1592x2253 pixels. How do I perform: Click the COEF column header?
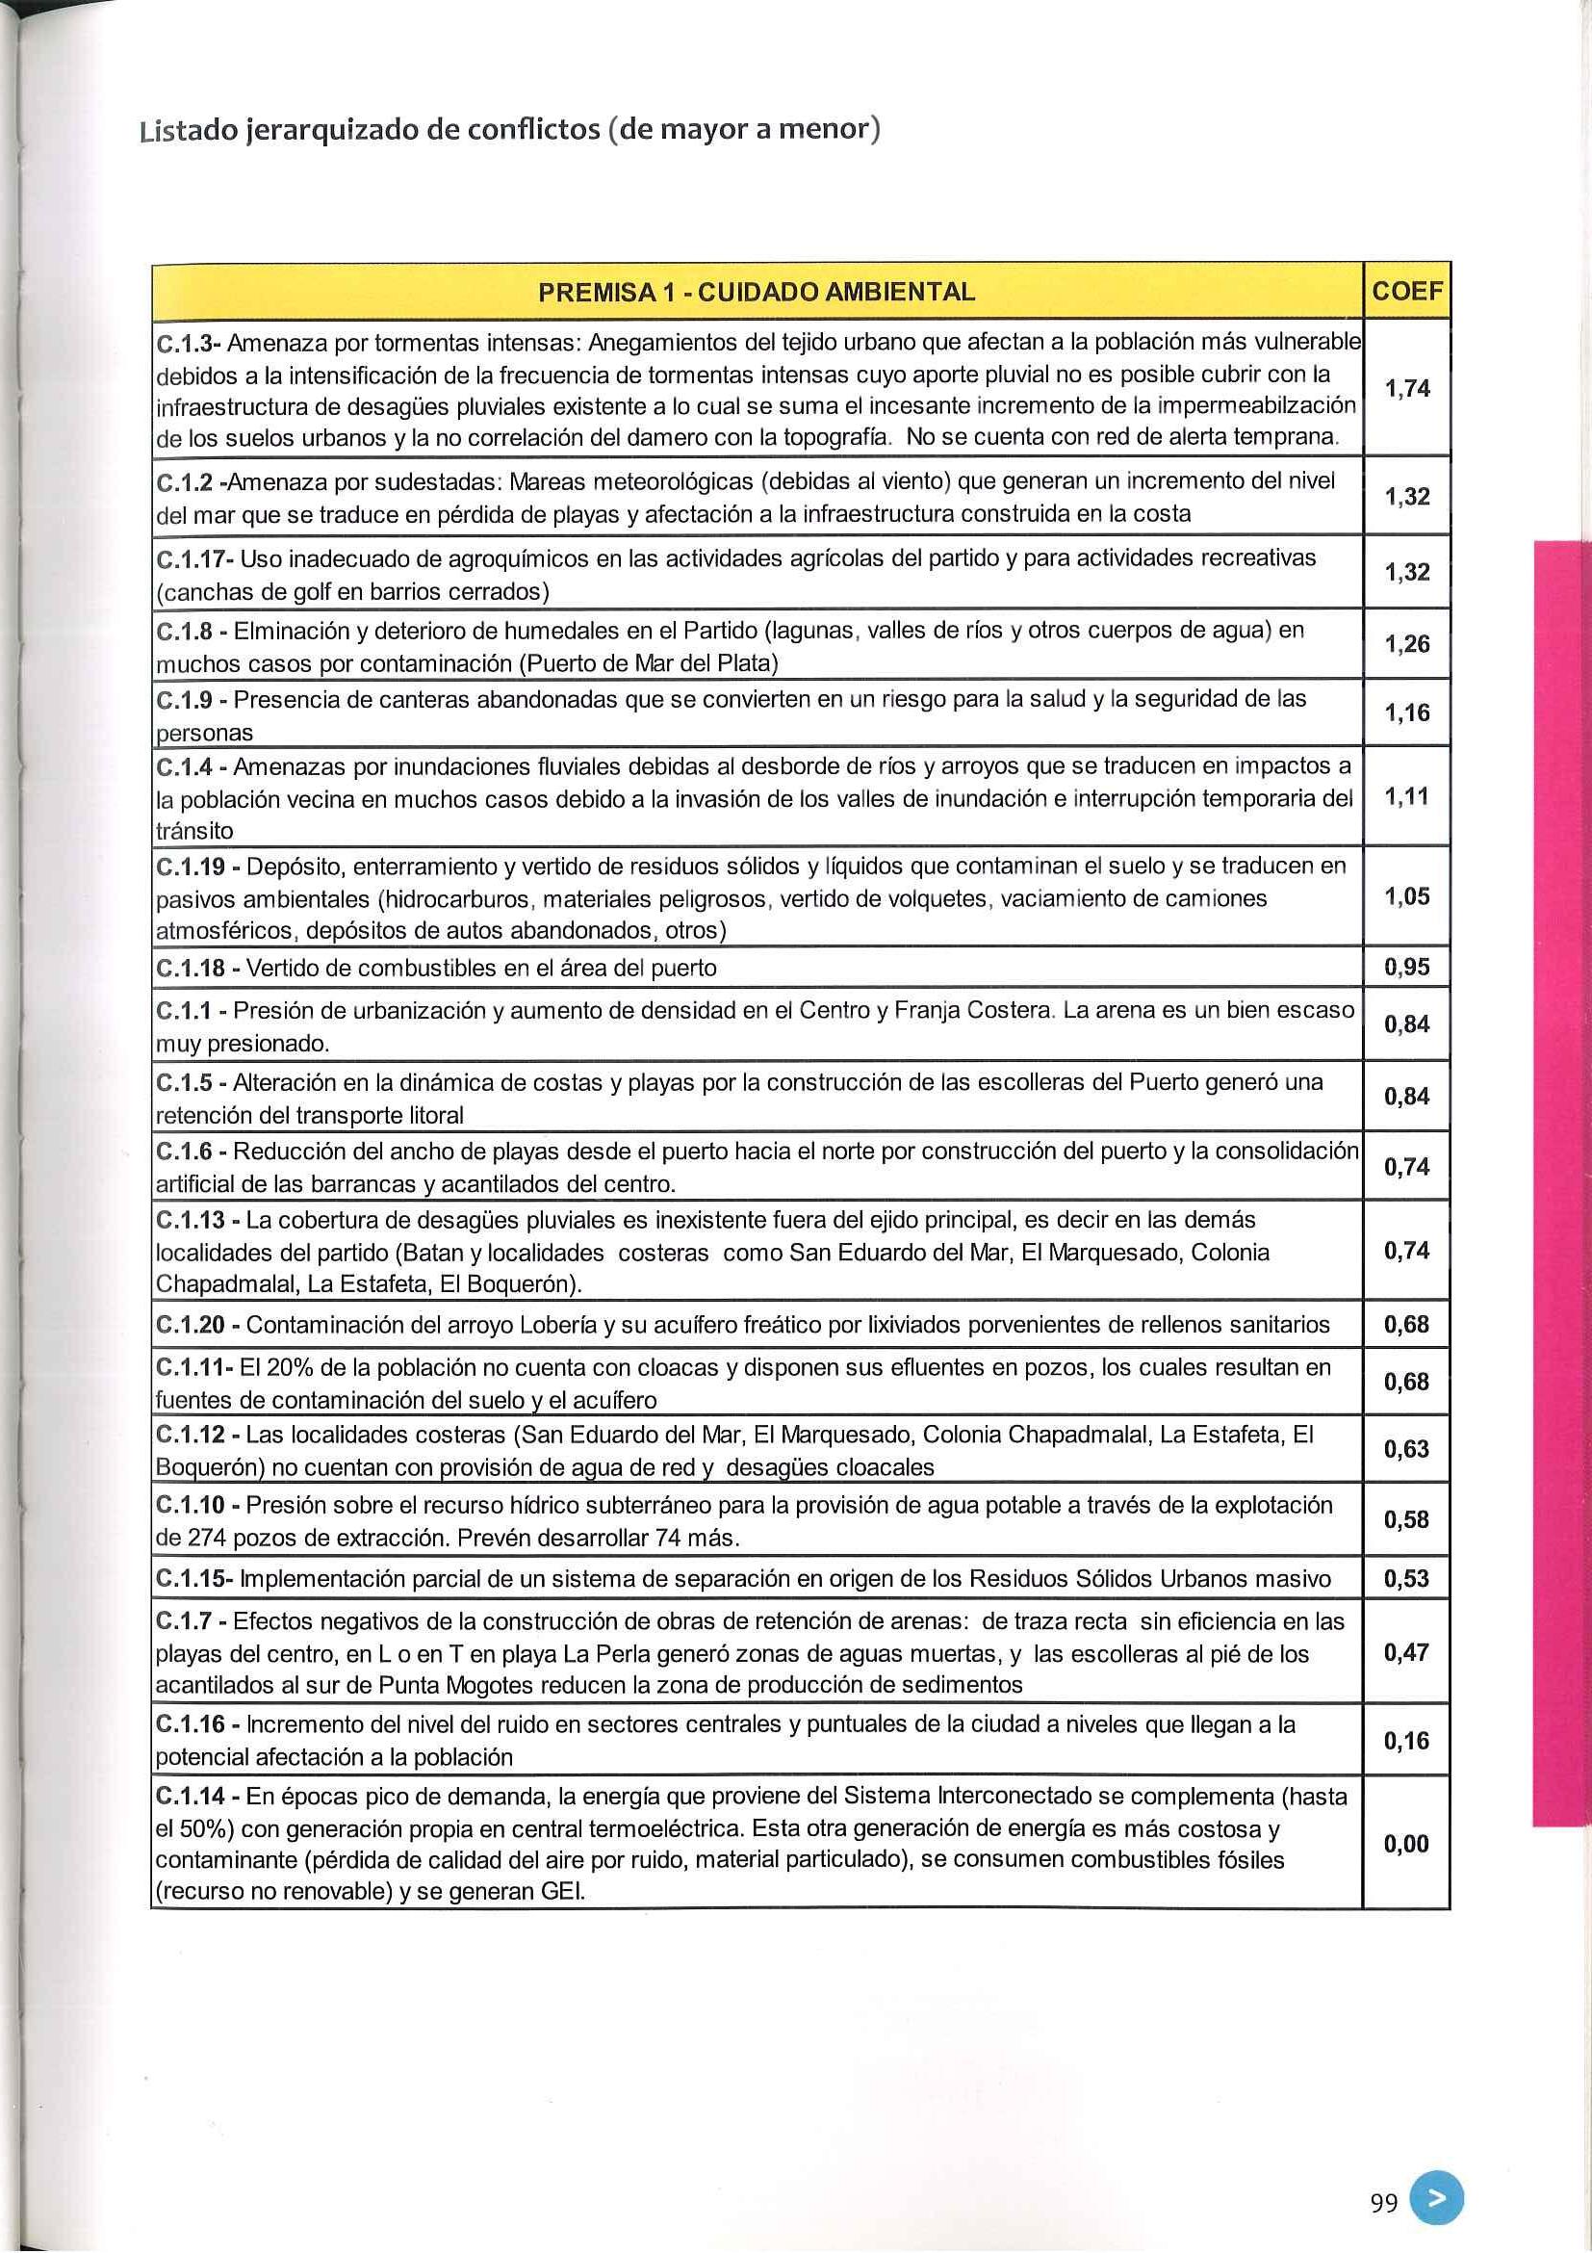click(1406, 291)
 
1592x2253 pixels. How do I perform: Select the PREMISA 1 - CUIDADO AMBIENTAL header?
click(757, 292)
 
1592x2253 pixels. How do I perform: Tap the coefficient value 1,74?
click(1406, 390)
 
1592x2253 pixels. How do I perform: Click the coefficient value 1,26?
click(1406, 645)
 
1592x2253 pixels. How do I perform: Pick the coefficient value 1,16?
click(1406, 713)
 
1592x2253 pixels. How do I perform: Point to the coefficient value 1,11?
click(1406, 797)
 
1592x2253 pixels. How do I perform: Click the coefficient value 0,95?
click(1406, 969)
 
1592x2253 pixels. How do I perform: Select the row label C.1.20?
click(191, 1326)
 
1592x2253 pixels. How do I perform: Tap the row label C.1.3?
click(187, 345)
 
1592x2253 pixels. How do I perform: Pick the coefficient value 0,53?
click(1406, 1580)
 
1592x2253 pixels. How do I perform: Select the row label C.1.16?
click(191, 1725)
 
